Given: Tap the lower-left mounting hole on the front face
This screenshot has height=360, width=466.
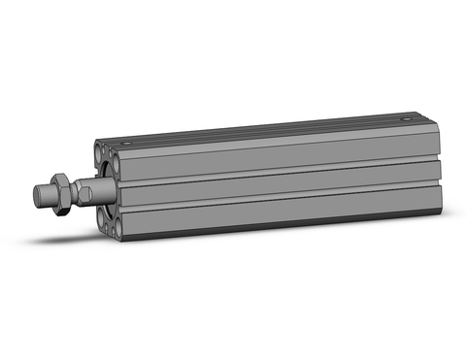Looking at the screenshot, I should click(106, 225).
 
